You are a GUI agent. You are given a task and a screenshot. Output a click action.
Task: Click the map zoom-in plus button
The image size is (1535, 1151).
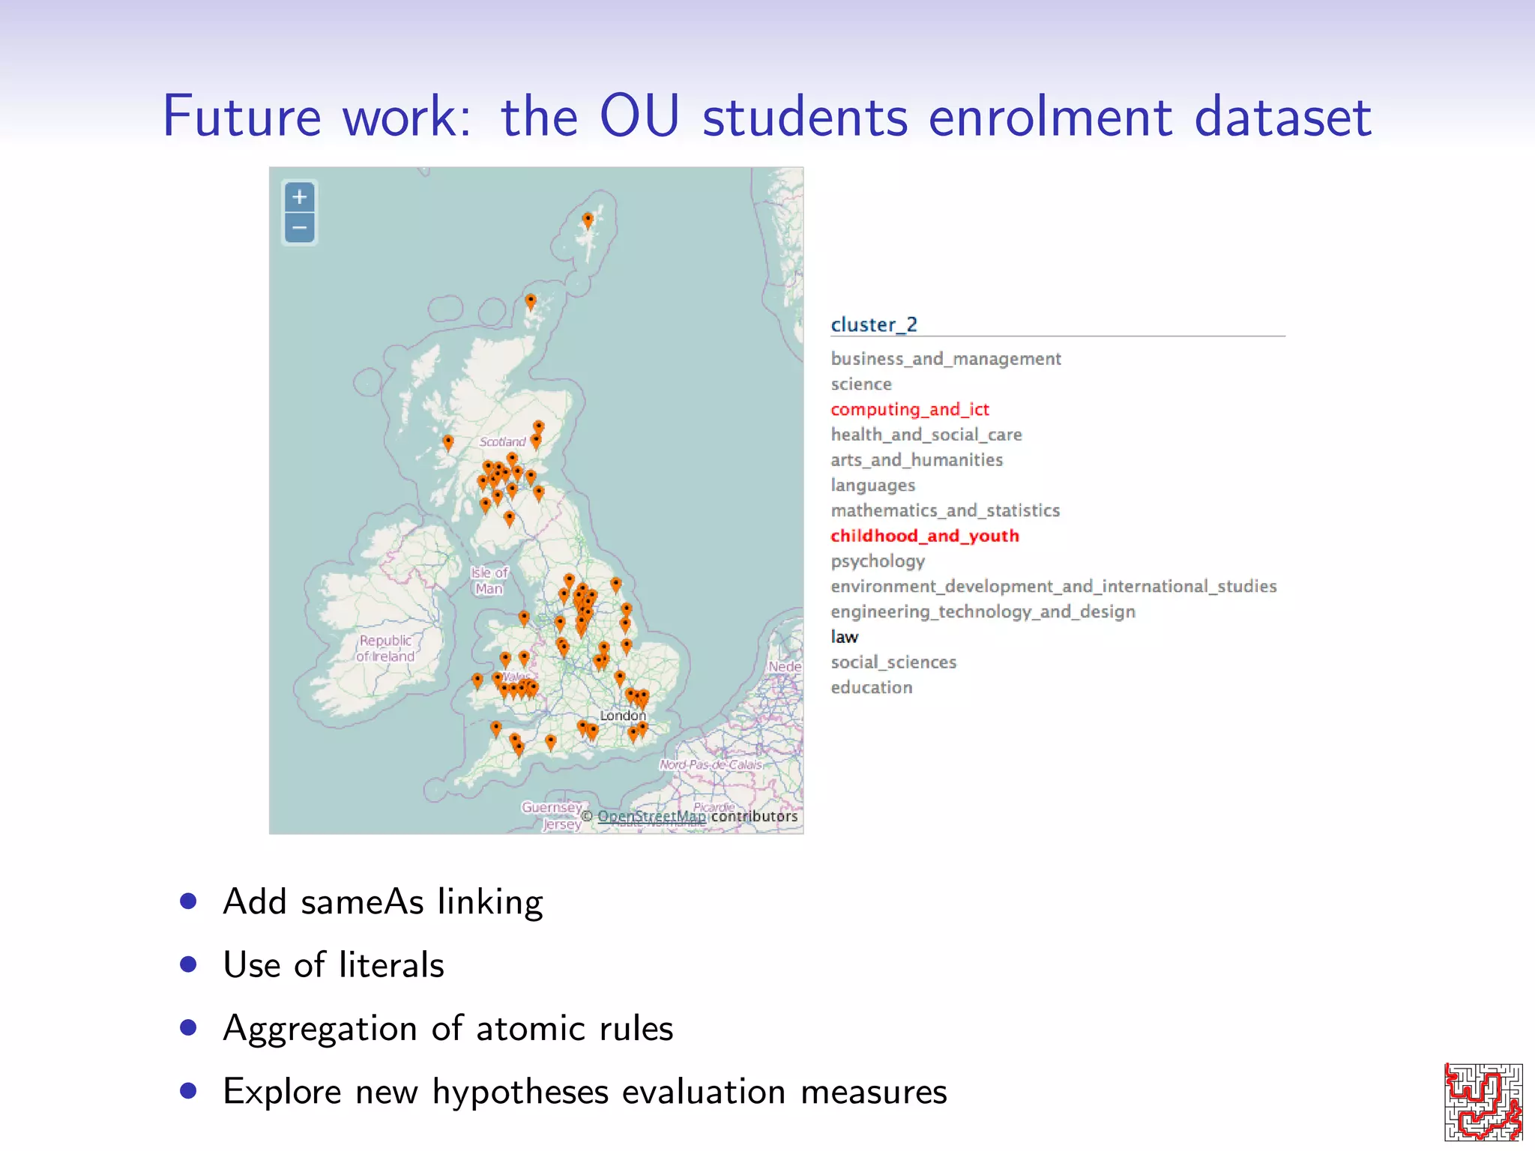click(x=300, y=198)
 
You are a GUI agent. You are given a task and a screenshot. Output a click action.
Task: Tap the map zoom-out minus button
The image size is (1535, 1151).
click(x=300, y=228)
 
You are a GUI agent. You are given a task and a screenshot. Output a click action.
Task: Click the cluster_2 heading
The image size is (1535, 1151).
click(x=874, y=324)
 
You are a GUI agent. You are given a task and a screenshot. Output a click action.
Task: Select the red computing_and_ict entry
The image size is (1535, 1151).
click(x=910, y=409)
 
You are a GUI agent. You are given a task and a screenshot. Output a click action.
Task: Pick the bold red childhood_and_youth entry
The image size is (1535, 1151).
click(x=925, y=536)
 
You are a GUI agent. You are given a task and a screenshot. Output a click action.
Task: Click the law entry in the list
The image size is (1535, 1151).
click(x=845, y=637)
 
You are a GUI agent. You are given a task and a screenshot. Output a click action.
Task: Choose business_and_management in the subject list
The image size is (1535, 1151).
click(x=946, y=359)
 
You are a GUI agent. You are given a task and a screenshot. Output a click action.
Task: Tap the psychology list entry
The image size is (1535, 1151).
click(x=878, y=561)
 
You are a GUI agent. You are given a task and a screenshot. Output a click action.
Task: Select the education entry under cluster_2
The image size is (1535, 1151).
click(x=872, y=688)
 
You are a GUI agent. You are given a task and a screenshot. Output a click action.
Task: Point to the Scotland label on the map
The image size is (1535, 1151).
click(x=502, y=442)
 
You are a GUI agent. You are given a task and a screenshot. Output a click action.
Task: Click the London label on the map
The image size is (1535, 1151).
click(x=622, y=716)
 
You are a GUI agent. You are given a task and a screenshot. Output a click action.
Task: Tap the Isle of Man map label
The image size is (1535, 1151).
click(x=489, y=581)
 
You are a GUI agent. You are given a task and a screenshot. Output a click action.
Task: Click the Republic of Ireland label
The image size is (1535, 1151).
click(x=385, y=648)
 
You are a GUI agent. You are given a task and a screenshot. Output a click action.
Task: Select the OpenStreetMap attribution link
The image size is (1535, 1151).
click(x=651, y=816)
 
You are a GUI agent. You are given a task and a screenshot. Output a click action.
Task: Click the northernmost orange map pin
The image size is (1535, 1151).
click(x=588, y=219)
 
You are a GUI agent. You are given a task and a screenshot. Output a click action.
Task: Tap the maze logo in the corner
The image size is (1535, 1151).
click(x=1483, y=1102)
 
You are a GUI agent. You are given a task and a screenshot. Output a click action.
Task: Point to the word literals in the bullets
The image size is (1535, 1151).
click(x=391, y=965)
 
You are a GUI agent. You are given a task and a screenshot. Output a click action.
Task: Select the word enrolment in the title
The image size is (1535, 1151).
click(x=1050, y=117)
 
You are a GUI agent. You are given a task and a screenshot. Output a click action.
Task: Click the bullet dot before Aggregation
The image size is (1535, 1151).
click(x=188, y=1027)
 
